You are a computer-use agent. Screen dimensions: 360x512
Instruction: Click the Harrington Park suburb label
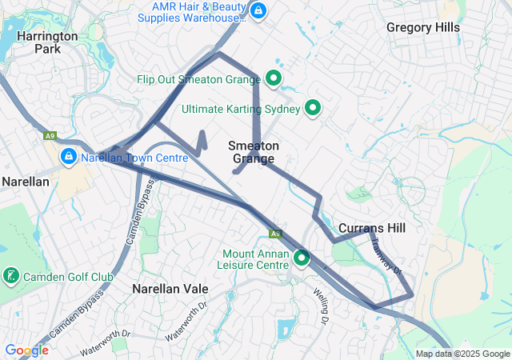point(47,42)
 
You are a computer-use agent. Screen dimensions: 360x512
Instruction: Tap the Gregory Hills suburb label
point(423,27)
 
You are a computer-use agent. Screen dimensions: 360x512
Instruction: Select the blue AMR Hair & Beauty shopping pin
point(258,11)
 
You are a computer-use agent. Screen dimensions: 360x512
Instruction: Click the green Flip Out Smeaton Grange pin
point(273,78)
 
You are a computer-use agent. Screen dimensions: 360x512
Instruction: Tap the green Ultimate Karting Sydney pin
point(313,108)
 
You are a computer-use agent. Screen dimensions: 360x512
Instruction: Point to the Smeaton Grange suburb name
point(254,152)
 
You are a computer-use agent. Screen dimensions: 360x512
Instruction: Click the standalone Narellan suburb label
point(26,182)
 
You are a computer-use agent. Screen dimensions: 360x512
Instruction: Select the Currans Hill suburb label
point(372,228)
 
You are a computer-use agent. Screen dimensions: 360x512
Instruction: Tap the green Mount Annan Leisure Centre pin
point(302,258)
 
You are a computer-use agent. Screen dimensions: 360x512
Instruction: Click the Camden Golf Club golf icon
point(11,277)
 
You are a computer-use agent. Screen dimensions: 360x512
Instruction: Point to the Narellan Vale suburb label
point(170,289)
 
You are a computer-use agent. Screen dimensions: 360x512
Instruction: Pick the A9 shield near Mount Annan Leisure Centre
point(275,234)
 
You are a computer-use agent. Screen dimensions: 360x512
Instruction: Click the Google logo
point(26,350)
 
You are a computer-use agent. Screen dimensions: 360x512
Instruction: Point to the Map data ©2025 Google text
point(462,354)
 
